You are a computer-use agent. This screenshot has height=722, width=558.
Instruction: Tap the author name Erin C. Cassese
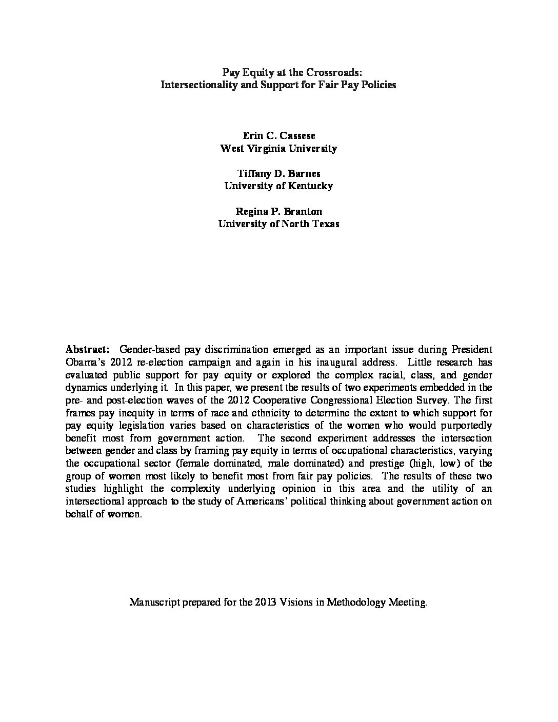278,135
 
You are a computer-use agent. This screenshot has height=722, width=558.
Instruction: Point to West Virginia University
278,148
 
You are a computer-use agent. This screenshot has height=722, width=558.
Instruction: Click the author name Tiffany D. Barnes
278,173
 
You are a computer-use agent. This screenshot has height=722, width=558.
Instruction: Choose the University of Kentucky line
278,186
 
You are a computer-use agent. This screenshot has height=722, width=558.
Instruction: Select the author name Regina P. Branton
278,211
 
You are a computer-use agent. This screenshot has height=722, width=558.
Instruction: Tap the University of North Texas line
278,224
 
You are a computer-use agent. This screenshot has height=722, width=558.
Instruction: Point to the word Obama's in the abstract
85,362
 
